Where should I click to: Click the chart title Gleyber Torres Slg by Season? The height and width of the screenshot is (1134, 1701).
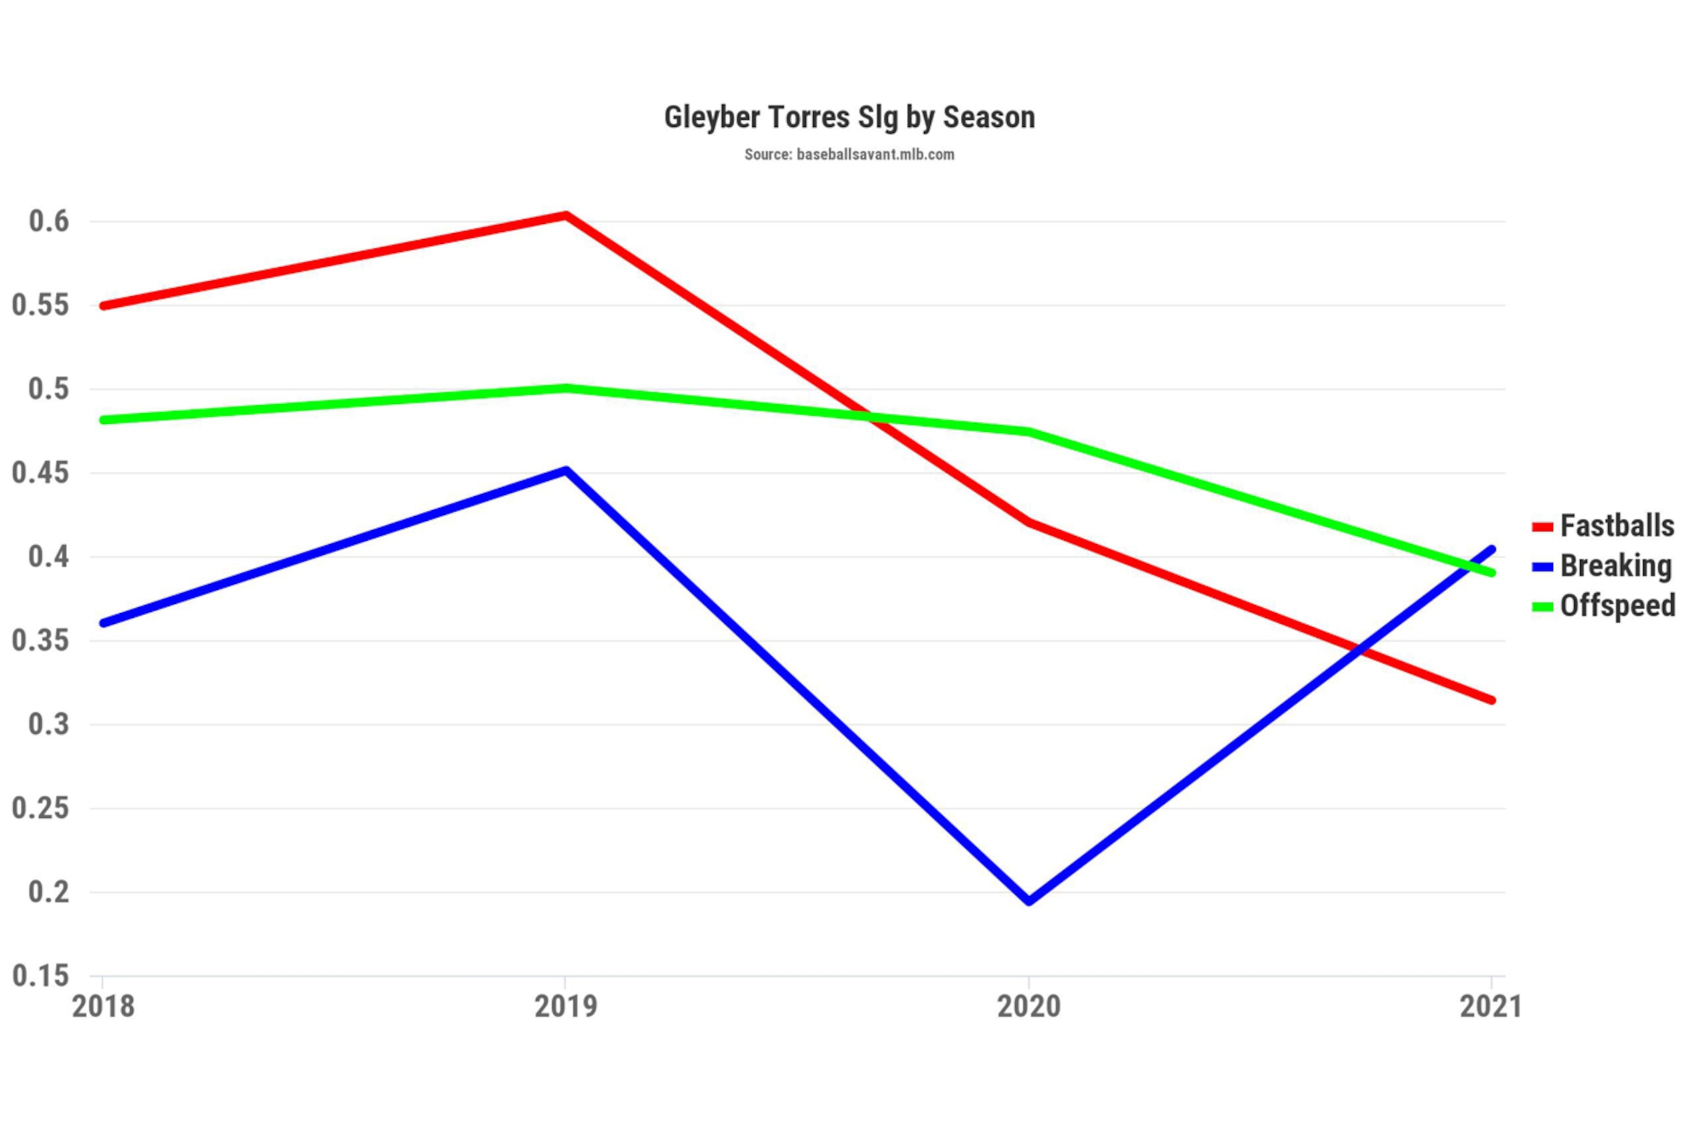[x=850, y=118]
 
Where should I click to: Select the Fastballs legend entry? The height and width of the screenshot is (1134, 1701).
[x=1603, y=525]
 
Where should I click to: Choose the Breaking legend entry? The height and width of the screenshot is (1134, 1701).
[x=1601, y=566]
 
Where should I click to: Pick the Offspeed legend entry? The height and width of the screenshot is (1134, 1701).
[x=1603, y=606]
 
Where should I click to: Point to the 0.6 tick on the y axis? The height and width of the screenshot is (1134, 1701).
[x=49, y=221]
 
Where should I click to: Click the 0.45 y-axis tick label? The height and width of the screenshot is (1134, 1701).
[x=41, y=473]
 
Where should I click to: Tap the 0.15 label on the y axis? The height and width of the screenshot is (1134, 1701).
[x=41, y=976]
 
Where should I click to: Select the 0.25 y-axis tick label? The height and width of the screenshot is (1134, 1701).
[x=41, y=808]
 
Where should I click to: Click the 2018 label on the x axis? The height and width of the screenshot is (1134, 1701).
[x=103, y=1006]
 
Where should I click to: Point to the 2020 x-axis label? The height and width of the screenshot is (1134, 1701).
[x=1029, y=1006]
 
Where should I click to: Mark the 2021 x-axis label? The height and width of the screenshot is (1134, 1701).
[x=1491, y=1006]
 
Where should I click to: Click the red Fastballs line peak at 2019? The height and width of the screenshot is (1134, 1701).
[x=566, y=215]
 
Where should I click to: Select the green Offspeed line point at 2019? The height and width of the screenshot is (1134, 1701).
[x=566, y=389]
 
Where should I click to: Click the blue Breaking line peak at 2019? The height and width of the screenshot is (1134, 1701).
[x=566, y=471]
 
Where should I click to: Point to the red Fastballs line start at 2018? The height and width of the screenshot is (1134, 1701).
[x=104, y=306]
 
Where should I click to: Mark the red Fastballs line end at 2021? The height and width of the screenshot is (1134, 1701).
[x=1491, y=700]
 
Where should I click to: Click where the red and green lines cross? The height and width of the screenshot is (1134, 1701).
[x=870, y=417]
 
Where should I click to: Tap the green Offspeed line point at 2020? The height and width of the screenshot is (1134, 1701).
[x=1029, y=432]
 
